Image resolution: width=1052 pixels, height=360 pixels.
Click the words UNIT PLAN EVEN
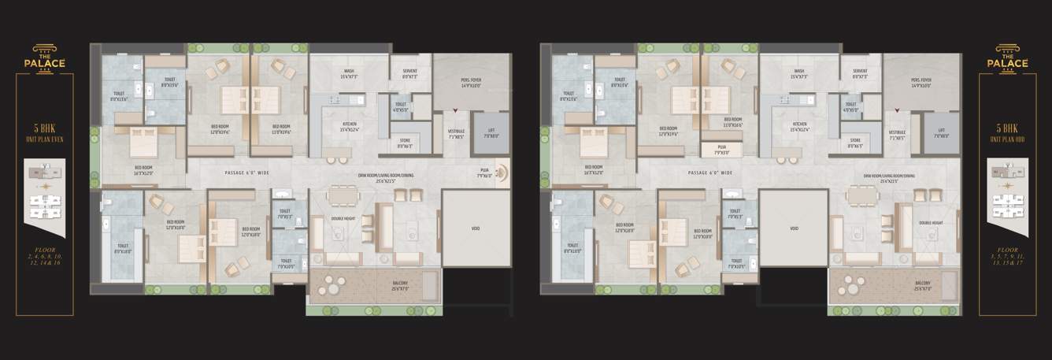(45, 137)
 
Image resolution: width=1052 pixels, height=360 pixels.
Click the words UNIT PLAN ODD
(1008, 137)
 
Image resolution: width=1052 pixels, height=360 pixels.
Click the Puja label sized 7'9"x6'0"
(485, 173)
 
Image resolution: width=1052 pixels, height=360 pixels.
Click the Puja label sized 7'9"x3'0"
(721, 150)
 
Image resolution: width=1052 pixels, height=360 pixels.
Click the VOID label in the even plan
(475, 228)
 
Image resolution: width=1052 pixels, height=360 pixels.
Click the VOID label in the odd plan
(794, 228)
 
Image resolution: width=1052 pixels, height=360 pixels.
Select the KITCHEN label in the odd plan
(800, 127)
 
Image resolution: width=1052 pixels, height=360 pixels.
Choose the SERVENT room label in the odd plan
(860, 73)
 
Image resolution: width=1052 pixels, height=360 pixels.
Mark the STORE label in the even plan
(405, 144)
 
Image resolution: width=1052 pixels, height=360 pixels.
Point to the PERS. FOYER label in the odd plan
(921, 81)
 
